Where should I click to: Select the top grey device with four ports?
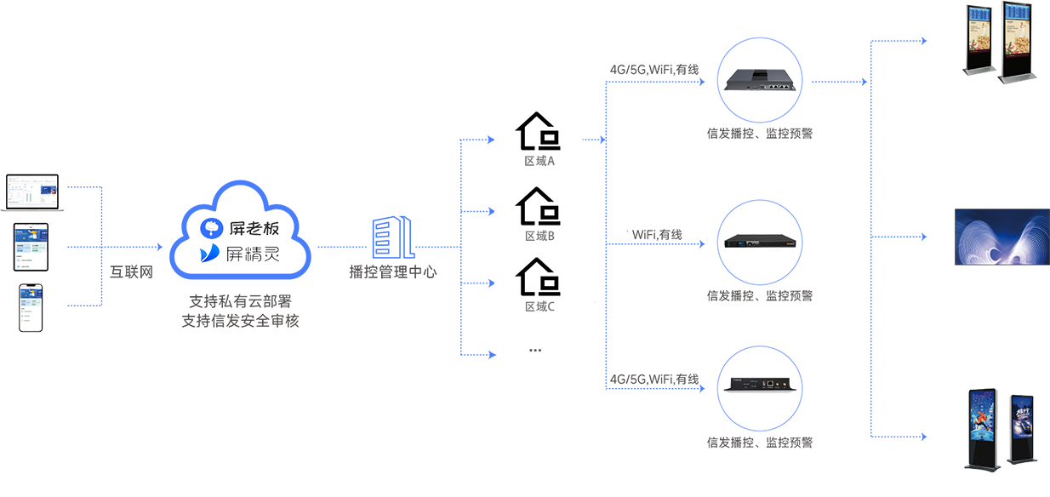click(762, 78)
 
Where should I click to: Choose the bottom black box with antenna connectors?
click(761, 383)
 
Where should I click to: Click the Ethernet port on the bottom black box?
click(769, 384)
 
